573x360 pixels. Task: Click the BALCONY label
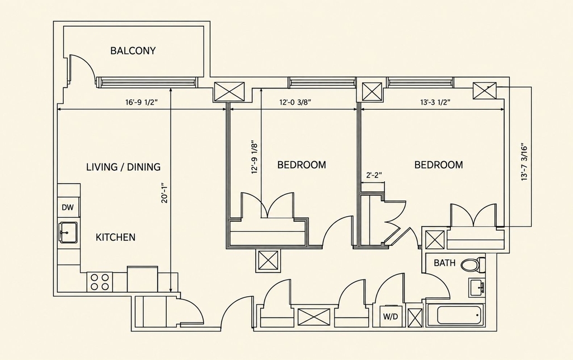[x=133, y=50]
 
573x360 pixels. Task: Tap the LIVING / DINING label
[x=124, y=167]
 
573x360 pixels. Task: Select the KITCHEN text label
[x=115, y=237]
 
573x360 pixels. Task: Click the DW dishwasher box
[x=68, y=207]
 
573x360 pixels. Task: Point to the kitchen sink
[x=68, y=232]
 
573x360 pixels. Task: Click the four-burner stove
[x=100, y=282]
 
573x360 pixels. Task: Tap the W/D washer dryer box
[x=390, y=316]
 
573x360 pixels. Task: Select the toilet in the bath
[x=473, y=264]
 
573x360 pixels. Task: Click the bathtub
[x=459, y=315]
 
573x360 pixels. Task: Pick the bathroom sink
[x=477, y=288]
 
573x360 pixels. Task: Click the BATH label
[x=444, y=263]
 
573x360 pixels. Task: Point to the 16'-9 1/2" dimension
[x=142, y=102]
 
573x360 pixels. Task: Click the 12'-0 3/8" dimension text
[x=295, y=102]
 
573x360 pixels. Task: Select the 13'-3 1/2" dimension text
[x=435, y=102]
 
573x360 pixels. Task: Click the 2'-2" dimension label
[x=374, y=175]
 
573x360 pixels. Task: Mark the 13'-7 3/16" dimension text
[x=525, y=162]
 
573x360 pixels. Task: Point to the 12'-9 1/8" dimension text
[x=255, y=157]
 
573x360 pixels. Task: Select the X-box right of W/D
[x=415, y=317]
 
